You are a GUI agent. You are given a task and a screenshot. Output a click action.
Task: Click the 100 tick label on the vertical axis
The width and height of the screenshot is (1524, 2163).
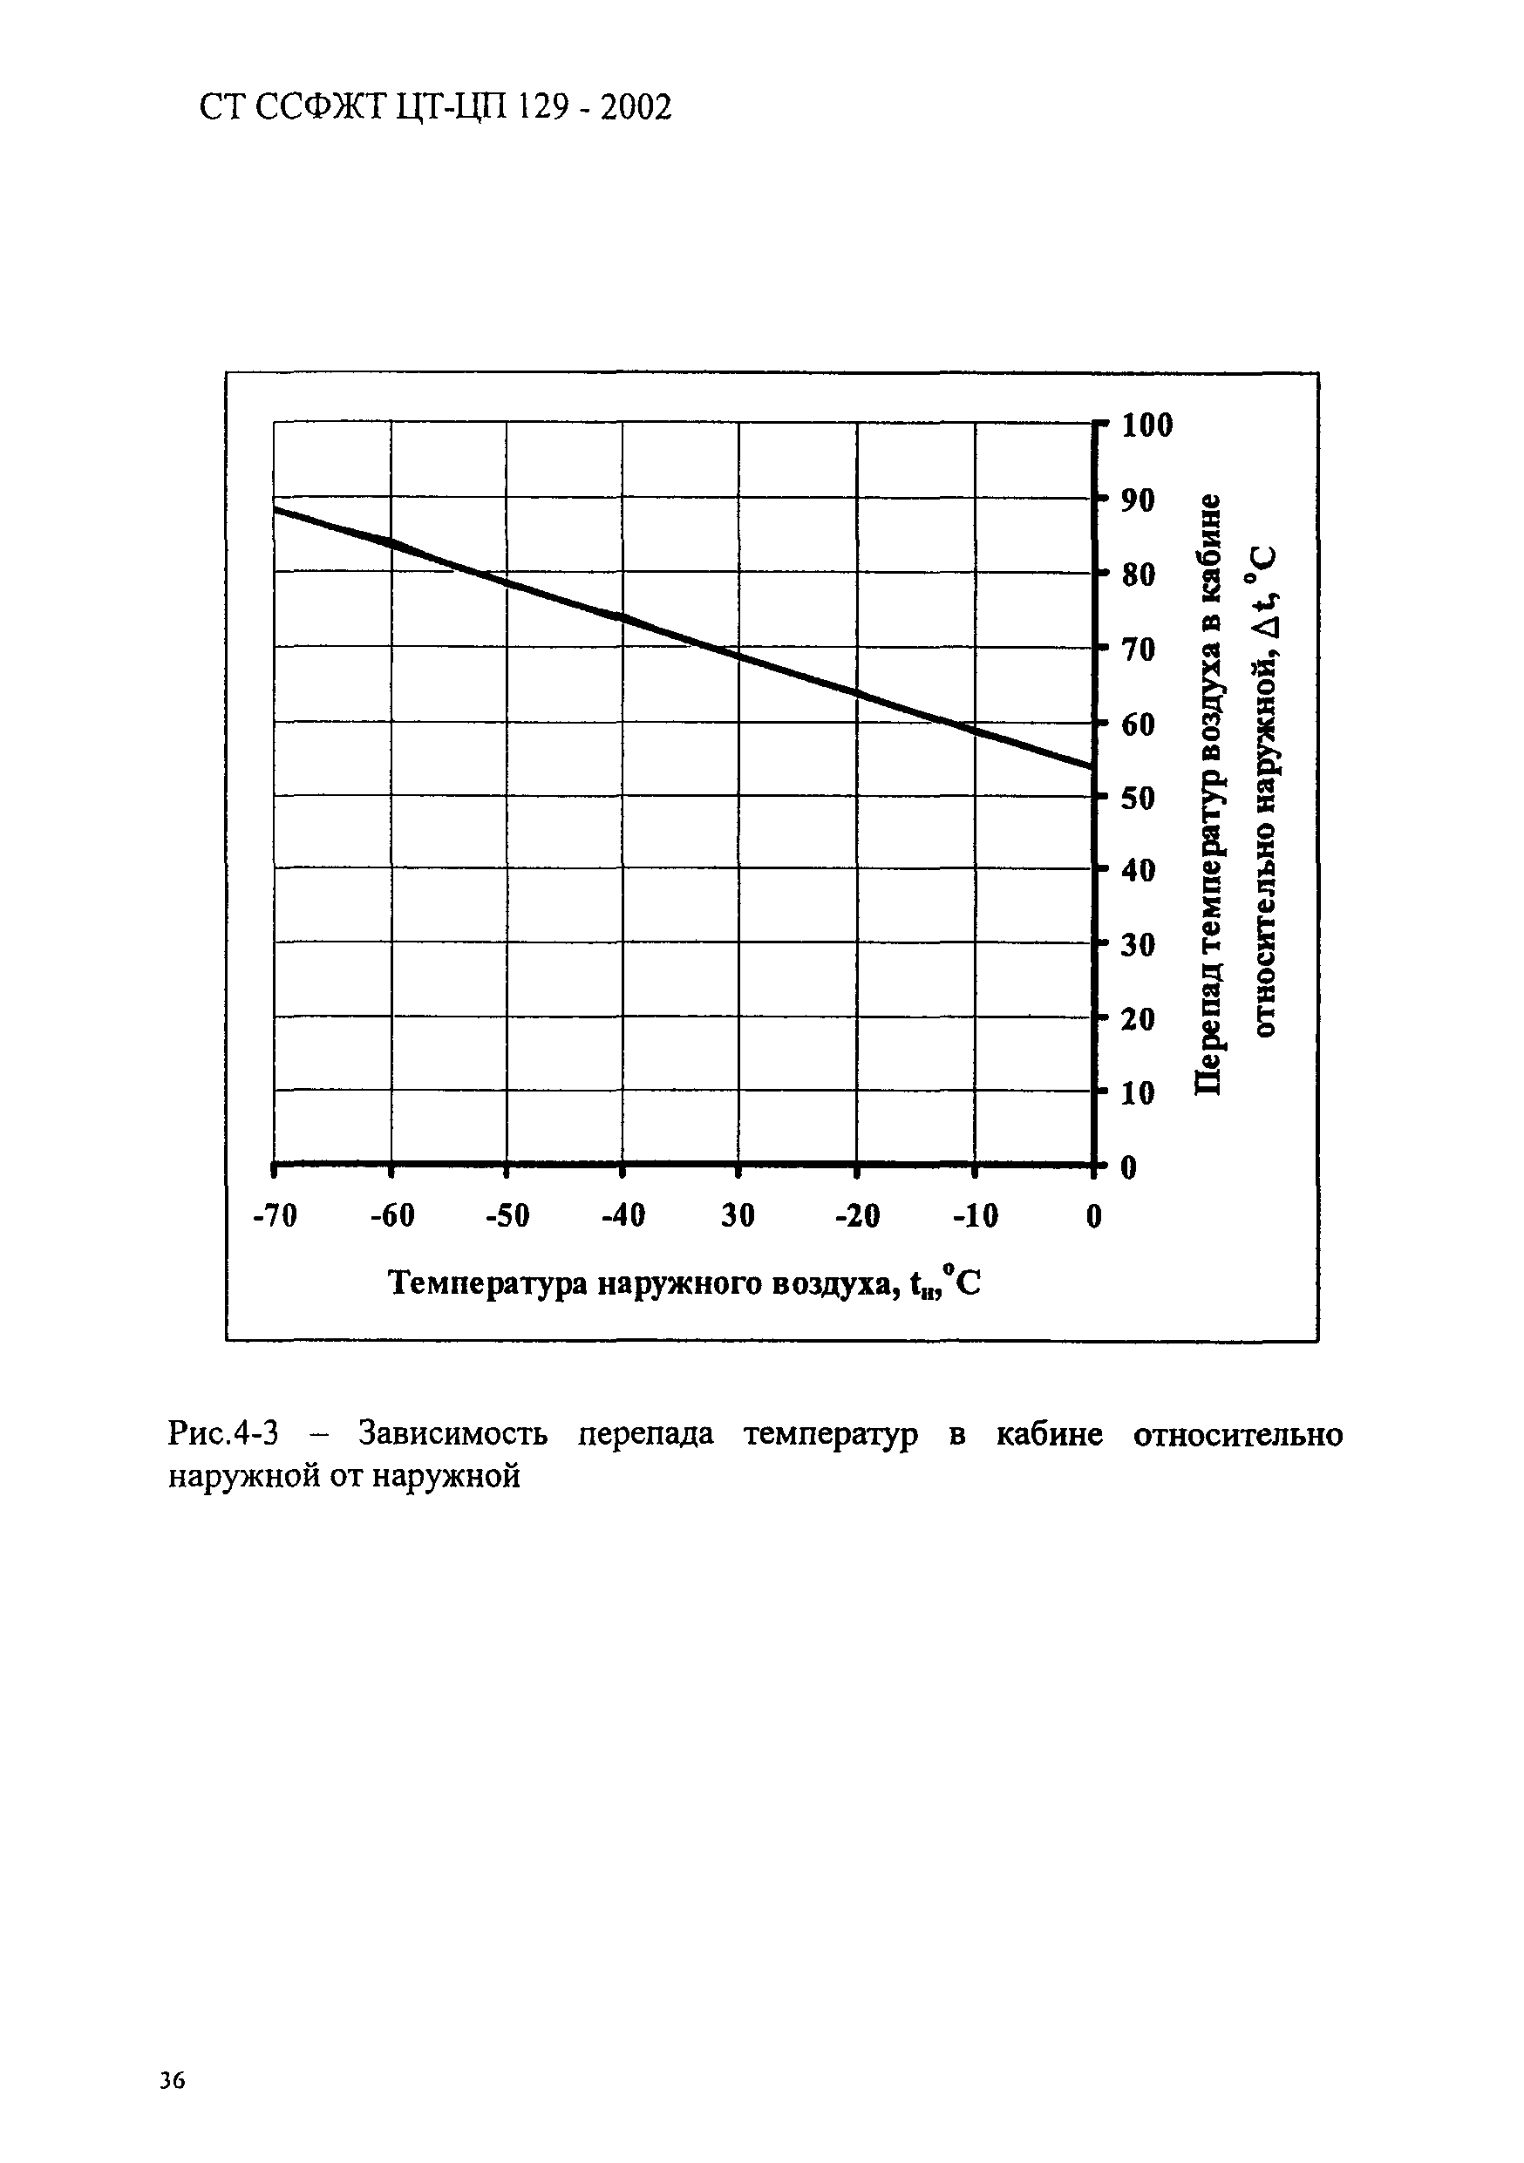point(1147,425)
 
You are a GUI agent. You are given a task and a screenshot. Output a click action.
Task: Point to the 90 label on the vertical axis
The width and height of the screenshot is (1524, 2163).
point(1138,500)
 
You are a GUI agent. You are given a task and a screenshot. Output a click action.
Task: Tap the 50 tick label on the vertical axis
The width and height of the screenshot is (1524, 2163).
point(1138,799)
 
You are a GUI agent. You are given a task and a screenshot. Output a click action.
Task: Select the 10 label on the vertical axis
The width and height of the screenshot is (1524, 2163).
point(1138,1094)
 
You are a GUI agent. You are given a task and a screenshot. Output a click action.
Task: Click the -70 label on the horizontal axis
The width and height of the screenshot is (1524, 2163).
point(275,1216)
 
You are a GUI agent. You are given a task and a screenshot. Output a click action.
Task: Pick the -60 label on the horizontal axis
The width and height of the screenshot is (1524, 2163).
point(391,1216)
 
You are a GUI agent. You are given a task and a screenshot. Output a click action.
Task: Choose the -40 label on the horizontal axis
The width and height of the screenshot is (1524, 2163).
point(623,1216)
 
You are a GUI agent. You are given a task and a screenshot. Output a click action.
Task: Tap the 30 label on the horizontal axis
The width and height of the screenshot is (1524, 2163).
point(738,1216)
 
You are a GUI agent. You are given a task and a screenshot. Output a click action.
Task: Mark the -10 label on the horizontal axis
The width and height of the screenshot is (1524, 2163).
point(975,1216)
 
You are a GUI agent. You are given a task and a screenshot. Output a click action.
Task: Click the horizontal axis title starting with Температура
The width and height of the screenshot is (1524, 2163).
point(684,1283)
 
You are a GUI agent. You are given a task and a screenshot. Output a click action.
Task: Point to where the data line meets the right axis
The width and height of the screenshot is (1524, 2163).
point(1092,766)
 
